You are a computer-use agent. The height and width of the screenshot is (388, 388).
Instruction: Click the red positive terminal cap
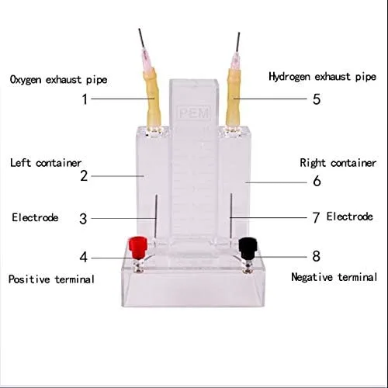[138, 247]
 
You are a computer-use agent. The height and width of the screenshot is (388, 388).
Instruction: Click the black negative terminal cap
[248, 248]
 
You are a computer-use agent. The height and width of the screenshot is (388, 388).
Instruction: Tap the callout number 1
[85, 99]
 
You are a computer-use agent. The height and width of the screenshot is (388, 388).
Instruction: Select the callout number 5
[317, 99]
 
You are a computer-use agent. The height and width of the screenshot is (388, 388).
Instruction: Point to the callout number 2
[84, 176]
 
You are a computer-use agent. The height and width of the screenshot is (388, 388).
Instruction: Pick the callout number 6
[317, 181]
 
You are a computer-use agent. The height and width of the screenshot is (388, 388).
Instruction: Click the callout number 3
[83, 219]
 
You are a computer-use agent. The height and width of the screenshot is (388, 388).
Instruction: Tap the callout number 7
[316, 217]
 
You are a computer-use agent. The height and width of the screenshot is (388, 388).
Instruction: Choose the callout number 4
[83, 258]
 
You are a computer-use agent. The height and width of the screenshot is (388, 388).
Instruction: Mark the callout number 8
[317, 256]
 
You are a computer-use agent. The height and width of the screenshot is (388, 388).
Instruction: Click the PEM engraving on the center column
[194, 113]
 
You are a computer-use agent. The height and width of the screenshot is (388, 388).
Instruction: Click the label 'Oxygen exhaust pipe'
[58, 79]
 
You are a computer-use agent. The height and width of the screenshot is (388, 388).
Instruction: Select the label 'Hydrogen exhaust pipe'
[322, 77]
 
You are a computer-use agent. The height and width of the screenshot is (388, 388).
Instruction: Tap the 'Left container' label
[46, 163]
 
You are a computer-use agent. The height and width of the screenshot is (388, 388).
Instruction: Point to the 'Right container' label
[338, 163]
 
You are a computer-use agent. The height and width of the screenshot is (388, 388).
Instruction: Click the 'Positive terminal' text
[51, 279]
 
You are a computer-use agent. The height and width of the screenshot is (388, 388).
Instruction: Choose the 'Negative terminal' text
[334, 277]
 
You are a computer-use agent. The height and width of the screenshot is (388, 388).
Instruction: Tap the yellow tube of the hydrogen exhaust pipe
[234, 99]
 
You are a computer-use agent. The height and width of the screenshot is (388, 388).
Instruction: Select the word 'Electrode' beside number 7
[349, 217]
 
